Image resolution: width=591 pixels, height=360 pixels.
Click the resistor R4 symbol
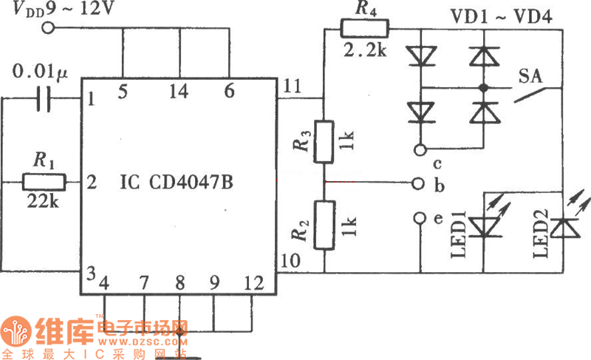[x=364, y=29]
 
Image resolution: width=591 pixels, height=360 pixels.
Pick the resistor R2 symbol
[x=324, y=225]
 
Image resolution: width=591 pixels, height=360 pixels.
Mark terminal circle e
[x=420, y=217]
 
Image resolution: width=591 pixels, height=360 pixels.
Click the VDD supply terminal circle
[x=49, y=28]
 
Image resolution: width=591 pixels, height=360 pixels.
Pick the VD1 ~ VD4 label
[x=514, y=14]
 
